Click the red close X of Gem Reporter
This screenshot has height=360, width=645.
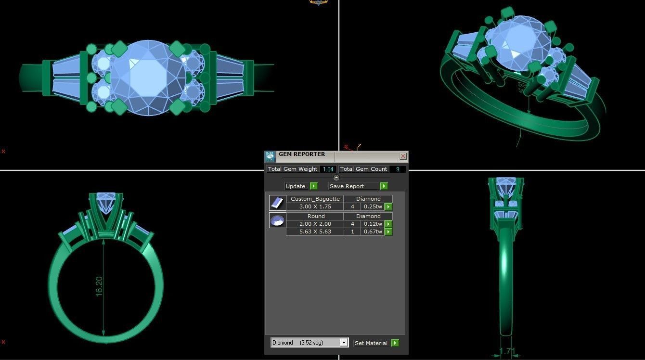(403, 156)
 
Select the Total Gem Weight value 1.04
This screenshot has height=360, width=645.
(328, 169)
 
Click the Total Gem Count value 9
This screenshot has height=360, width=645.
(398, 169)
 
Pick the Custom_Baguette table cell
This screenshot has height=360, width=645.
(315, 199)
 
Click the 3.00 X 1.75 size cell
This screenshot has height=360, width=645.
(315, 207)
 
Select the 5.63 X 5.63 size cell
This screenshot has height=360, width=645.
(315, 232)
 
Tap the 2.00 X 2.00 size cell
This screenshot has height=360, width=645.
(315, 224)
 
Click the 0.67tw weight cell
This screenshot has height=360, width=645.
(372, 232)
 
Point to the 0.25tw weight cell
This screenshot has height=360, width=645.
(372, 207)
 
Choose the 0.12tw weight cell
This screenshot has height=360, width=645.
(372, 224)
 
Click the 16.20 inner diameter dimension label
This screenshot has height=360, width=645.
(99, 286)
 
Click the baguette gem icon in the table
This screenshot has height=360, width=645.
(277, 203)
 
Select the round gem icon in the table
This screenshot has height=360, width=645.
(277, 220)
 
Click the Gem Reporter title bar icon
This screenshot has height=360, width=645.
(270, 156)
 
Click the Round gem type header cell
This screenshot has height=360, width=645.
(315, 216)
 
